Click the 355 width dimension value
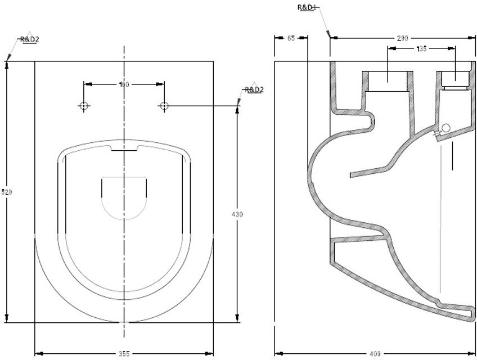(124, 353)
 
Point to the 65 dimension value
(291, 38)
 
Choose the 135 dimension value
(422, 49)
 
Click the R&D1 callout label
(308, 7)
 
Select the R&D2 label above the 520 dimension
(29, 39)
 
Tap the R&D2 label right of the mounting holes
(254, 89)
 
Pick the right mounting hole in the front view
(164, 106)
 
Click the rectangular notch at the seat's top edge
(124, 150)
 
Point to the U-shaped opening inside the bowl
(124, 197)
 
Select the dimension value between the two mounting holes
(124, 84)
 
